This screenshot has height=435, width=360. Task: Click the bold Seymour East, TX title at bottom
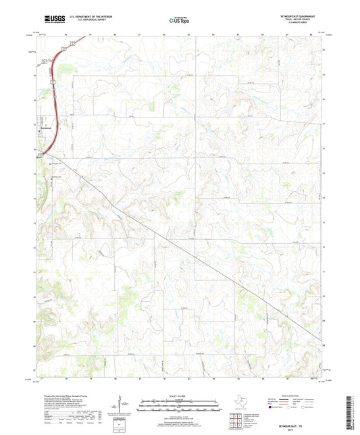tap(305, 399)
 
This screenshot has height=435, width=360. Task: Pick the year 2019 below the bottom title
tap(305, 403)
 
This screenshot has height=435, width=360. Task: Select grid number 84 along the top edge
tap(213, 33)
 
